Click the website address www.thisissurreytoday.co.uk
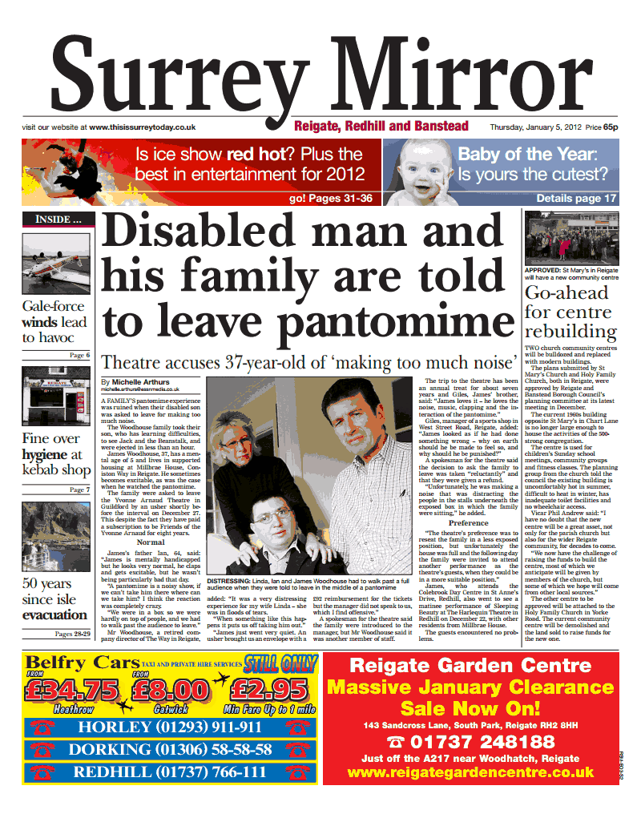pyautogui.click(x=143, y=127)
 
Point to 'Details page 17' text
pyautogui.click(x=576, y=199)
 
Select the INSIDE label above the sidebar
pyautogui.click(x=57, y=219)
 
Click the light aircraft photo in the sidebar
pyautogui.click(x=56, y=264)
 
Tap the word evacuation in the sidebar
pyautogui.click(x=54, y=615)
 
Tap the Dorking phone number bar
pyautogui.click(x=172, y=749)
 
